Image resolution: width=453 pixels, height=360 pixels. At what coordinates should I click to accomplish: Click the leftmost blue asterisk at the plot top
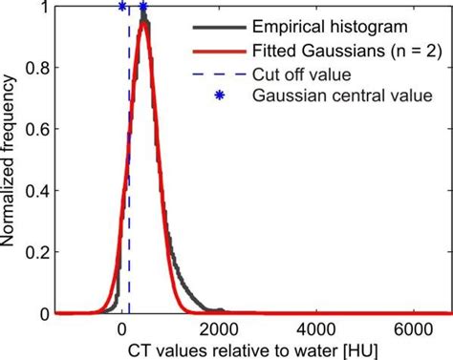(x=122, y=7)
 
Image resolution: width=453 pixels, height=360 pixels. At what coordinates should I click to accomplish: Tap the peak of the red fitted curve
(x=143, y=26)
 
